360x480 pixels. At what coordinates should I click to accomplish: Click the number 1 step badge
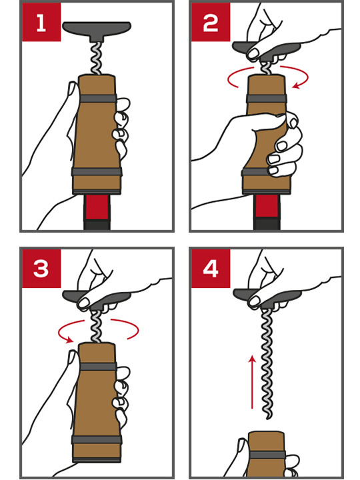(x=41, y=22)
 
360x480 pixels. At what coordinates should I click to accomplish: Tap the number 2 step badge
(x=211, y=22)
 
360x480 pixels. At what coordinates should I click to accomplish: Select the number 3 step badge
(x=41, y=269)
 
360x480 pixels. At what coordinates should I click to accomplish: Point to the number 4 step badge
(x=211, y=269)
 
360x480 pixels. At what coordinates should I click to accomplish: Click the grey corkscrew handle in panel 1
(x=97, y=30)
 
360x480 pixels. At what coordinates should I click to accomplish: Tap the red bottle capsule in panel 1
(x=97, y=207)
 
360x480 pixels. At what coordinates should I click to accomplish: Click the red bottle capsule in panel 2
(x=267, y=206)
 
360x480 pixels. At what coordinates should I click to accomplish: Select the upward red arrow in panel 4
(x=252, y=382)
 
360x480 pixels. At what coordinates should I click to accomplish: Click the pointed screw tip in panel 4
(x=268, y=418)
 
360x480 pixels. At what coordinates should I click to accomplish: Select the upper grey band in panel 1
(x=97, y=99)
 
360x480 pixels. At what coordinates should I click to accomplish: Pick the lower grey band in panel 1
(x=97, y=171)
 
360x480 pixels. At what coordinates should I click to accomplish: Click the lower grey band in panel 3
(x=97, y=440)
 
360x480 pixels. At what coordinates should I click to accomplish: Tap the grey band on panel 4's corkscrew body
(x=267, y=455)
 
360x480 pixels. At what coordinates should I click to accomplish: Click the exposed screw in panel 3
(x=96, y=326)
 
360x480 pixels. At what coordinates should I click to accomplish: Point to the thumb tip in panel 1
(x=73, y=87)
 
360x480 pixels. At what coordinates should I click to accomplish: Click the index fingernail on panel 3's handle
(x=83, y=303)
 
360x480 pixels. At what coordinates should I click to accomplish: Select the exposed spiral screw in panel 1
(x=96, y=58)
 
